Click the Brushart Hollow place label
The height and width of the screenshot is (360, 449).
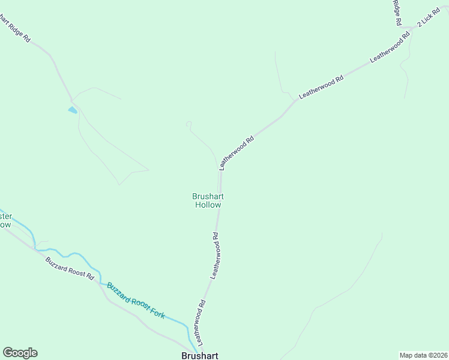click(208, 200)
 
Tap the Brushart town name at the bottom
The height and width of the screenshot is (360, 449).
click(199, 355)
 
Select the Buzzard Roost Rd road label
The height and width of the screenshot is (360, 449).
click(70, 268)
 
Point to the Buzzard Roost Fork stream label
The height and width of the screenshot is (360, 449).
click(136, 300)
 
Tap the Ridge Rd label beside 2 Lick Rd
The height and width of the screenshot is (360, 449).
click(397, 12)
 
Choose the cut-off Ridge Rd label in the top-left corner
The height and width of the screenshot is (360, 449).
click(14, 28)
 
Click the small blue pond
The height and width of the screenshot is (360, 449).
click(73, 110)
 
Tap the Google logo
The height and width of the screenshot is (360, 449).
click(20, 353)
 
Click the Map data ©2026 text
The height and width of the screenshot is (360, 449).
click(423, 355)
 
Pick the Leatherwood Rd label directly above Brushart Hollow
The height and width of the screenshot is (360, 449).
click(237, 152)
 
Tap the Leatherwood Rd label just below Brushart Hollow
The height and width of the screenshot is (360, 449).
click(217, 255)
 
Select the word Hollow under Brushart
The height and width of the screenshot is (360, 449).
click(208, 205)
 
